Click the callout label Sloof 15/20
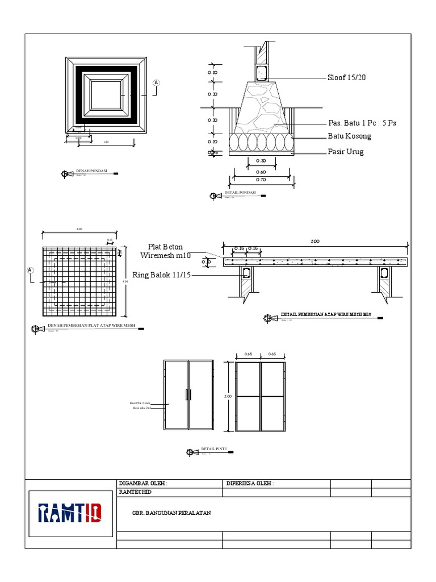click(346, 78)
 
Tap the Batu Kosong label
click(349, 136)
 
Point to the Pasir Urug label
click(345, 152)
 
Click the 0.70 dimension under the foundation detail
click(261, 180)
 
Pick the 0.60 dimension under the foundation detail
click(261, 172)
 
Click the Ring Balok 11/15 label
click(162, 275)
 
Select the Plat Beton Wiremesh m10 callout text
click(166, 251)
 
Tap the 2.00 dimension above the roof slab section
click(315, 242)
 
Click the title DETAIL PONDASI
click(240, 193)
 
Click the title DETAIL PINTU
click(214, 449)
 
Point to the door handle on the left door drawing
click(188, 394)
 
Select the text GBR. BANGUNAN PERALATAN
click(171, 513)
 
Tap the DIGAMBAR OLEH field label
click(143, 484)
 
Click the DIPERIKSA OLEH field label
click(250, 484)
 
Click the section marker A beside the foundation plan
click(156, 83)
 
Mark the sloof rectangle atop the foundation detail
click(262, 72)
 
